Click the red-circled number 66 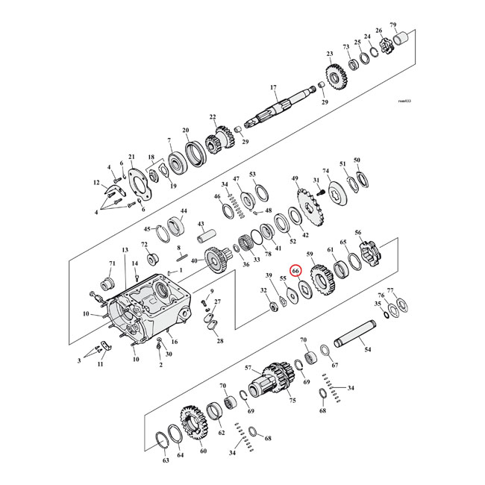[295, 271]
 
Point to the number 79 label [414, 25]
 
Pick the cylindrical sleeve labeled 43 [205, 245]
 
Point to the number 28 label [220, 341]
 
